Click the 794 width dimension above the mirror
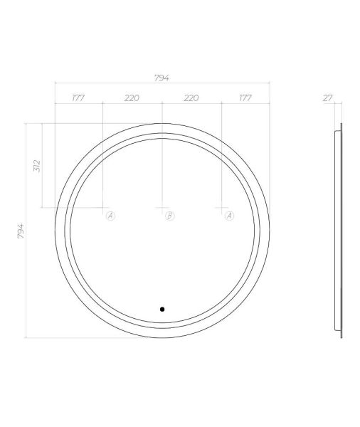[162, 78]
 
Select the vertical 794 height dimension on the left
[21, 231]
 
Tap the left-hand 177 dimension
[78, 97]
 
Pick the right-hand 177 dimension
[245, 97]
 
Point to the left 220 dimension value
[132, 97]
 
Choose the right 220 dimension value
[191, 97]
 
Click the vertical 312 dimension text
[37, 166]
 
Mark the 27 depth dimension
[327, 97]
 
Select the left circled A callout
[110, 216]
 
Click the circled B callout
[169, 216]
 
